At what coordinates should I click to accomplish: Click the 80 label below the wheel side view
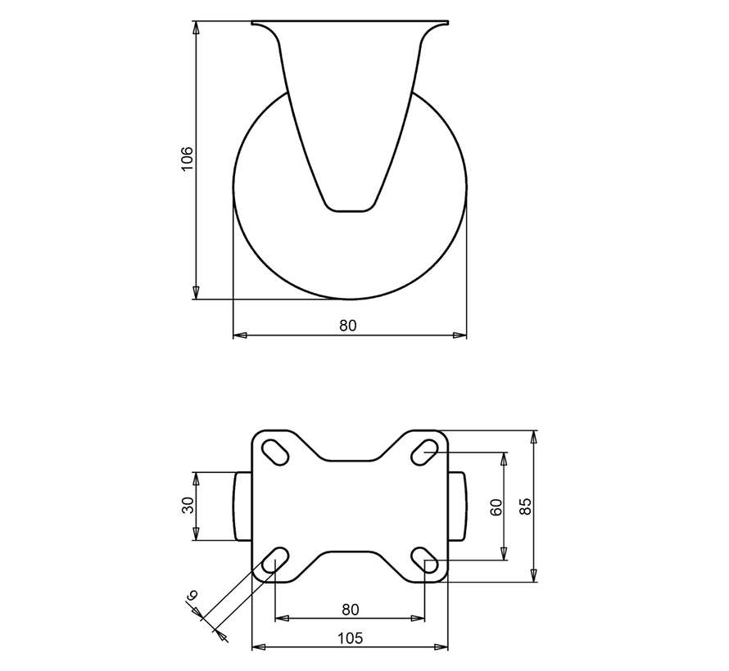(x=349, y=326)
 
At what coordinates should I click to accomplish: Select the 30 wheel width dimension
(x=186, y=506)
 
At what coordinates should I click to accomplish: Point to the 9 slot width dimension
(x=192, y=597)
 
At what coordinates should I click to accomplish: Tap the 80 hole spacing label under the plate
(x=350, y=609)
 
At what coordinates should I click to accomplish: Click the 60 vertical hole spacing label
(x=495, y=506)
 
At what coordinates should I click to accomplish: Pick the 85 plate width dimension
(x=524, y=506)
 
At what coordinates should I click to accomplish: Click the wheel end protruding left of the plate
(x=242, y=506)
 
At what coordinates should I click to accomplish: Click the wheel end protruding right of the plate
(x=458, y=506)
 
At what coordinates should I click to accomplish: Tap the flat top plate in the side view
(x=350, y=23)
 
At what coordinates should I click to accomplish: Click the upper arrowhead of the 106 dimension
(x=196, y=28)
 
